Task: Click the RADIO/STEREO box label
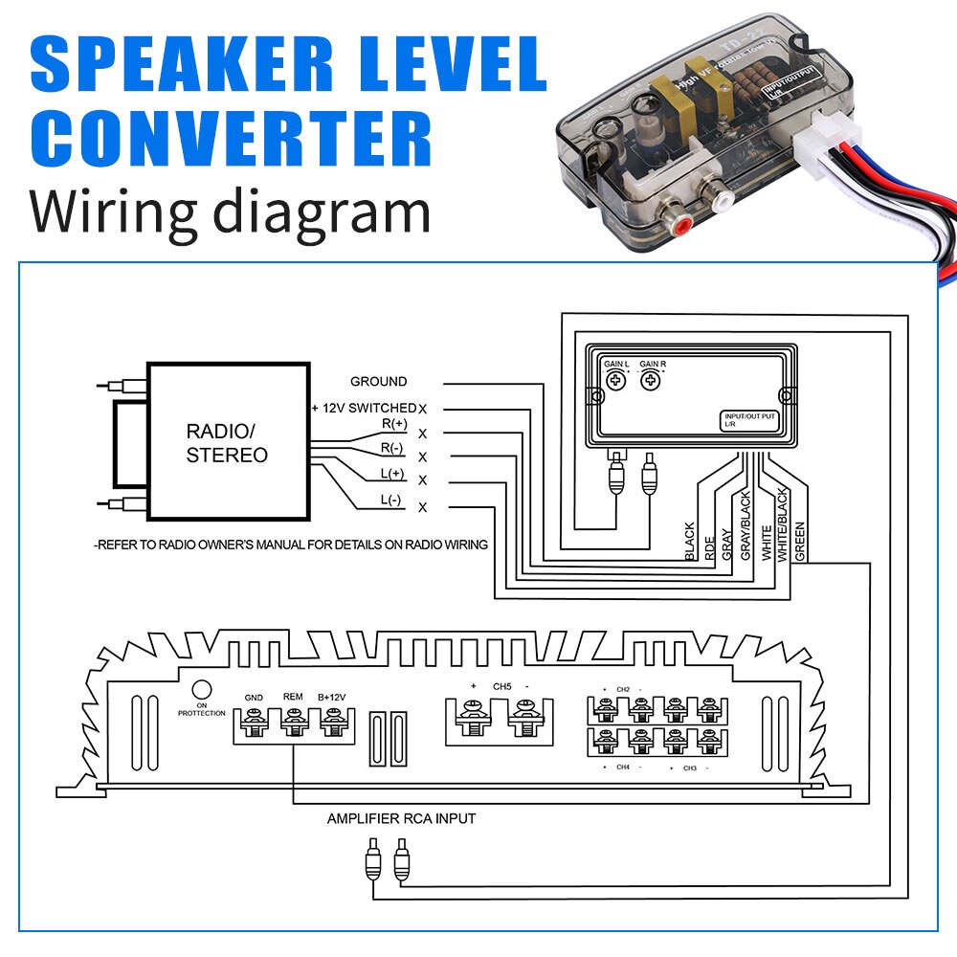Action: click(x=227, y=442)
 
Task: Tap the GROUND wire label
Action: click(x=378, y=381)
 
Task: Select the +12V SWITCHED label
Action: click(x=364, y=408)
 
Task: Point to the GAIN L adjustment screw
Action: click(x=618, y=380)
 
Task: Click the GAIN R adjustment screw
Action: click(x=652, y=380)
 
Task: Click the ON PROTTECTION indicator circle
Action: click(x=201, y=689)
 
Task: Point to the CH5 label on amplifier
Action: click(x=501, y=686)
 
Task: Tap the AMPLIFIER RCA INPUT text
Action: click(x=401, y=818)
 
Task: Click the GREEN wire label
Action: click(x=800, y=540)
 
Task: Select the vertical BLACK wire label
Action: click(x=690, y=541)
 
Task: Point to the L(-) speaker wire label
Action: click(x=391, y=500)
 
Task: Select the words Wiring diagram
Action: click(x=230, y=212)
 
